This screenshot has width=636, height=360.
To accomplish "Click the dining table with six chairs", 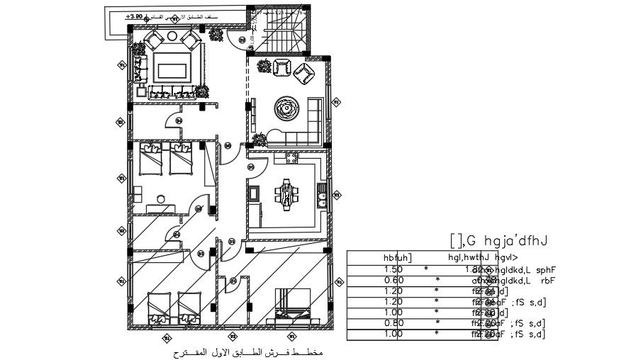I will [286, 193].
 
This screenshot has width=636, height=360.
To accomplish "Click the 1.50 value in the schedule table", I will [393, 269].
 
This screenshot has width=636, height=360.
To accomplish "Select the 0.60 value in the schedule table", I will [393, 280].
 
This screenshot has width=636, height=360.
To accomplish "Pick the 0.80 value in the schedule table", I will [393, 322].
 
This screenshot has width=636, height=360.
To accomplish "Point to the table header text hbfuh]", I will [397, 257].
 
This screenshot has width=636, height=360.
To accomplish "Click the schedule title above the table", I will [501, 241].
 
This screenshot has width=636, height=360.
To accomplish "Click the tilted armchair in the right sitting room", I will [306, 73].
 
